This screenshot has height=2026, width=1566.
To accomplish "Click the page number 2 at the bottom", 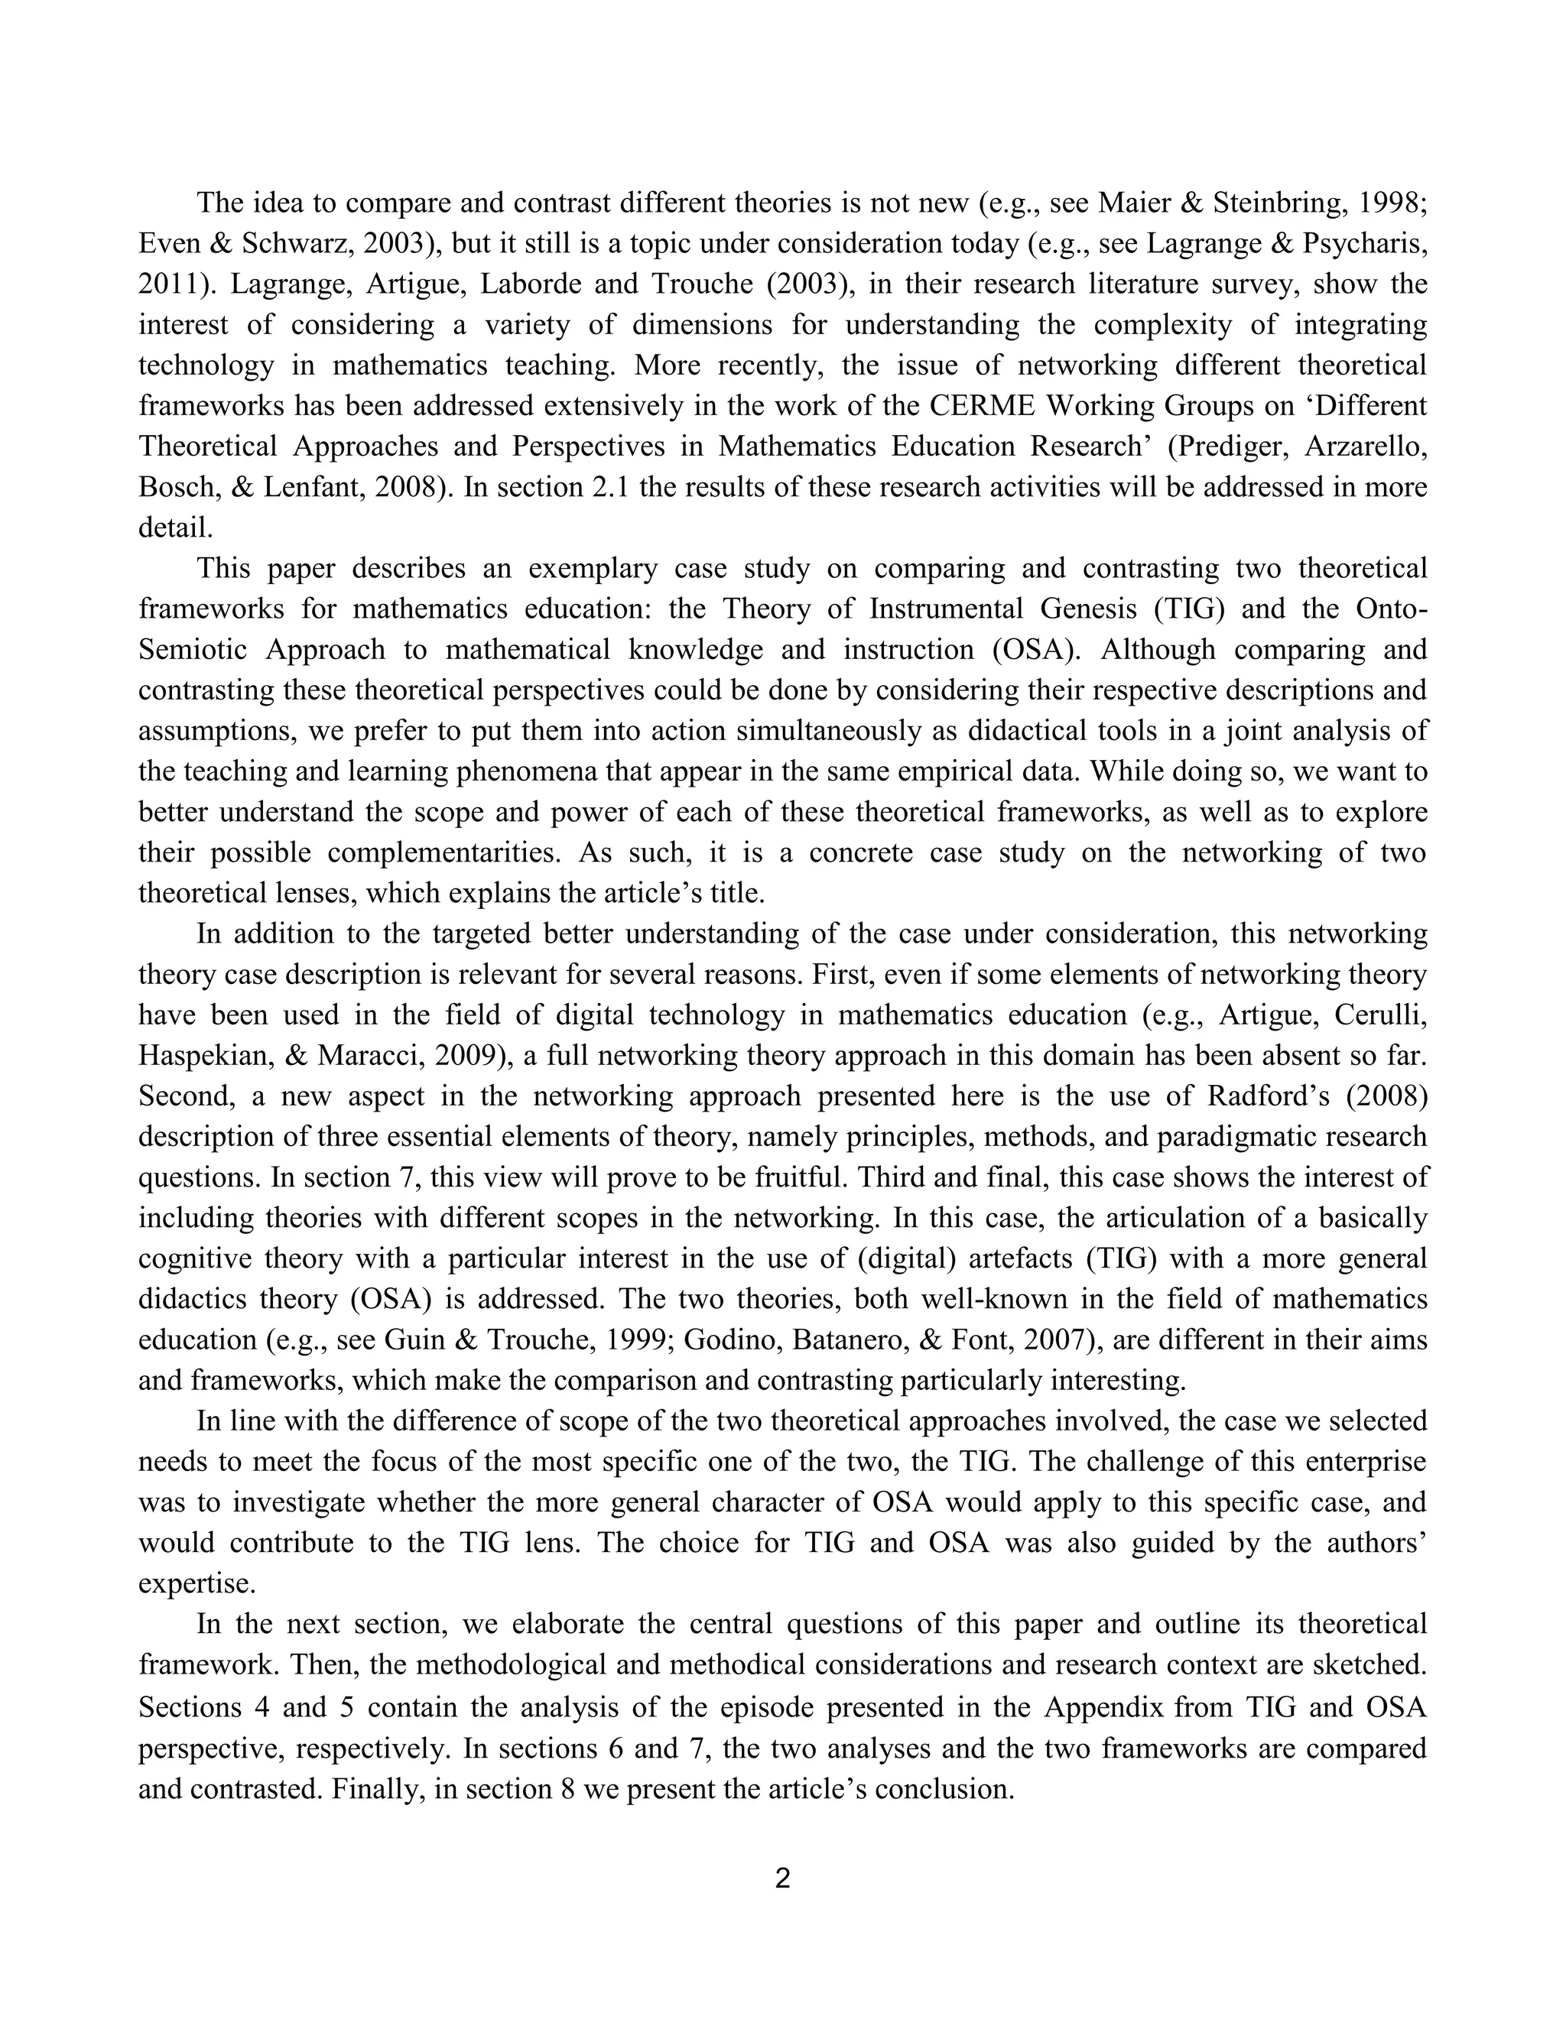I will [x=782, y=1879].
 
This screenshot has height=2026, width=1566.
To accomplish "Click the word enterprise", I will [x=1366, y=1462].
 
